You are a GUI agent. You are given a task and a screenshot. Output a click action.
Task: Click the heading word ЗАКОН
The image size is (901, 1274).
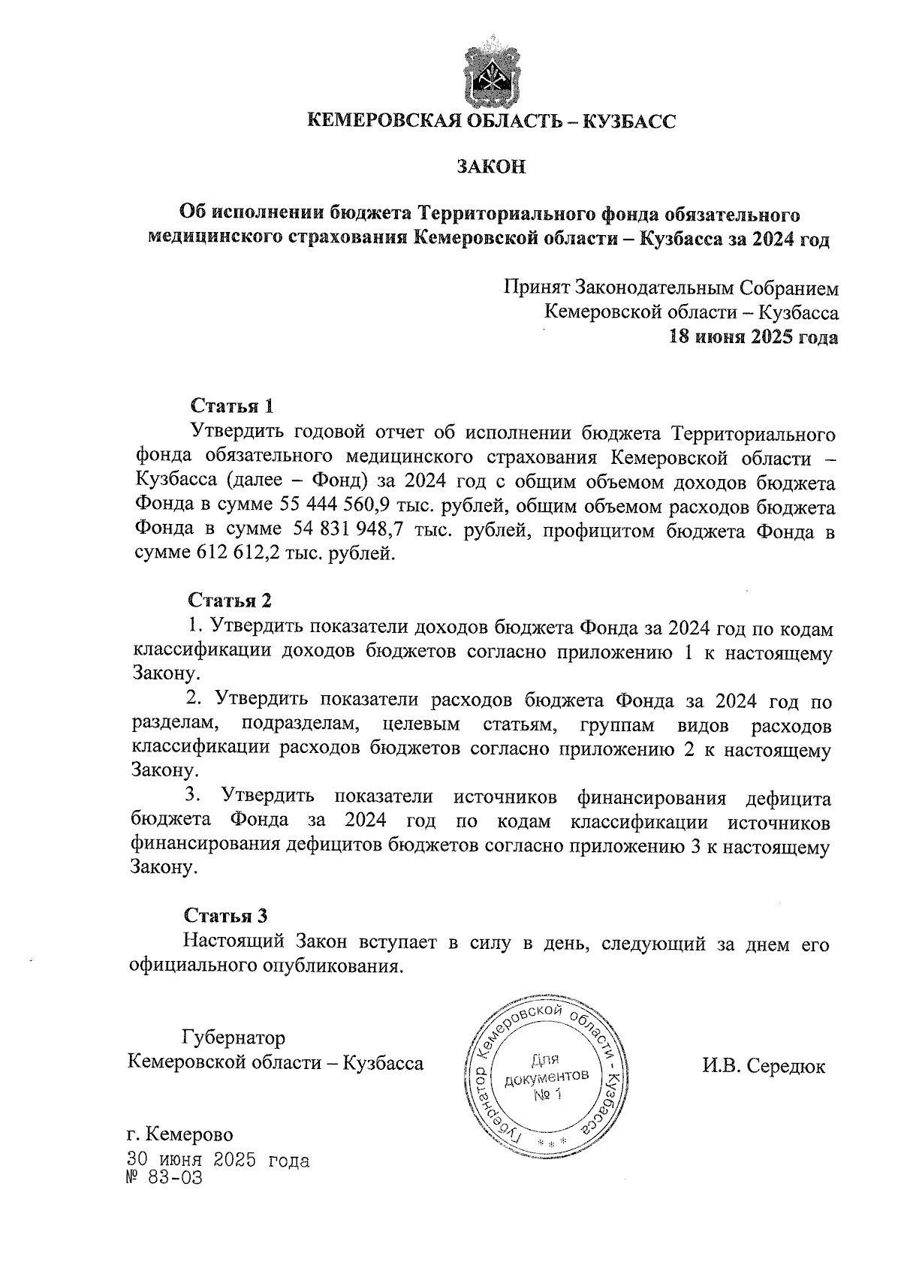click(x=492, y=167)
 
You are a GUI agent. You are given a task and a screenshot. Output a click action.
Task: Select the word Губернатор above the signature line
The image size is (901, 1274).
click(x=233, y=1038)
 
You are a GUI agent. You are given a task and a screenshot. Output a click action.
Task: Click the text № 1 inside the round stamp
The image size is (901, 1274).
click(x=547, y=1095)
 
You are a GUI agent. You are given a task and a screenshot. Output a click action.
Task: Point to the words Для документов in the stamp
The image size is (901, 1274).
click(x=547, y=1069)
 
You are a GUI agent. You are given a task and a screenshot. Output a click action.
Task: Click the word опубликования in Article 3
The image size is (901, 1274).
click(x=335, y=965)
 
